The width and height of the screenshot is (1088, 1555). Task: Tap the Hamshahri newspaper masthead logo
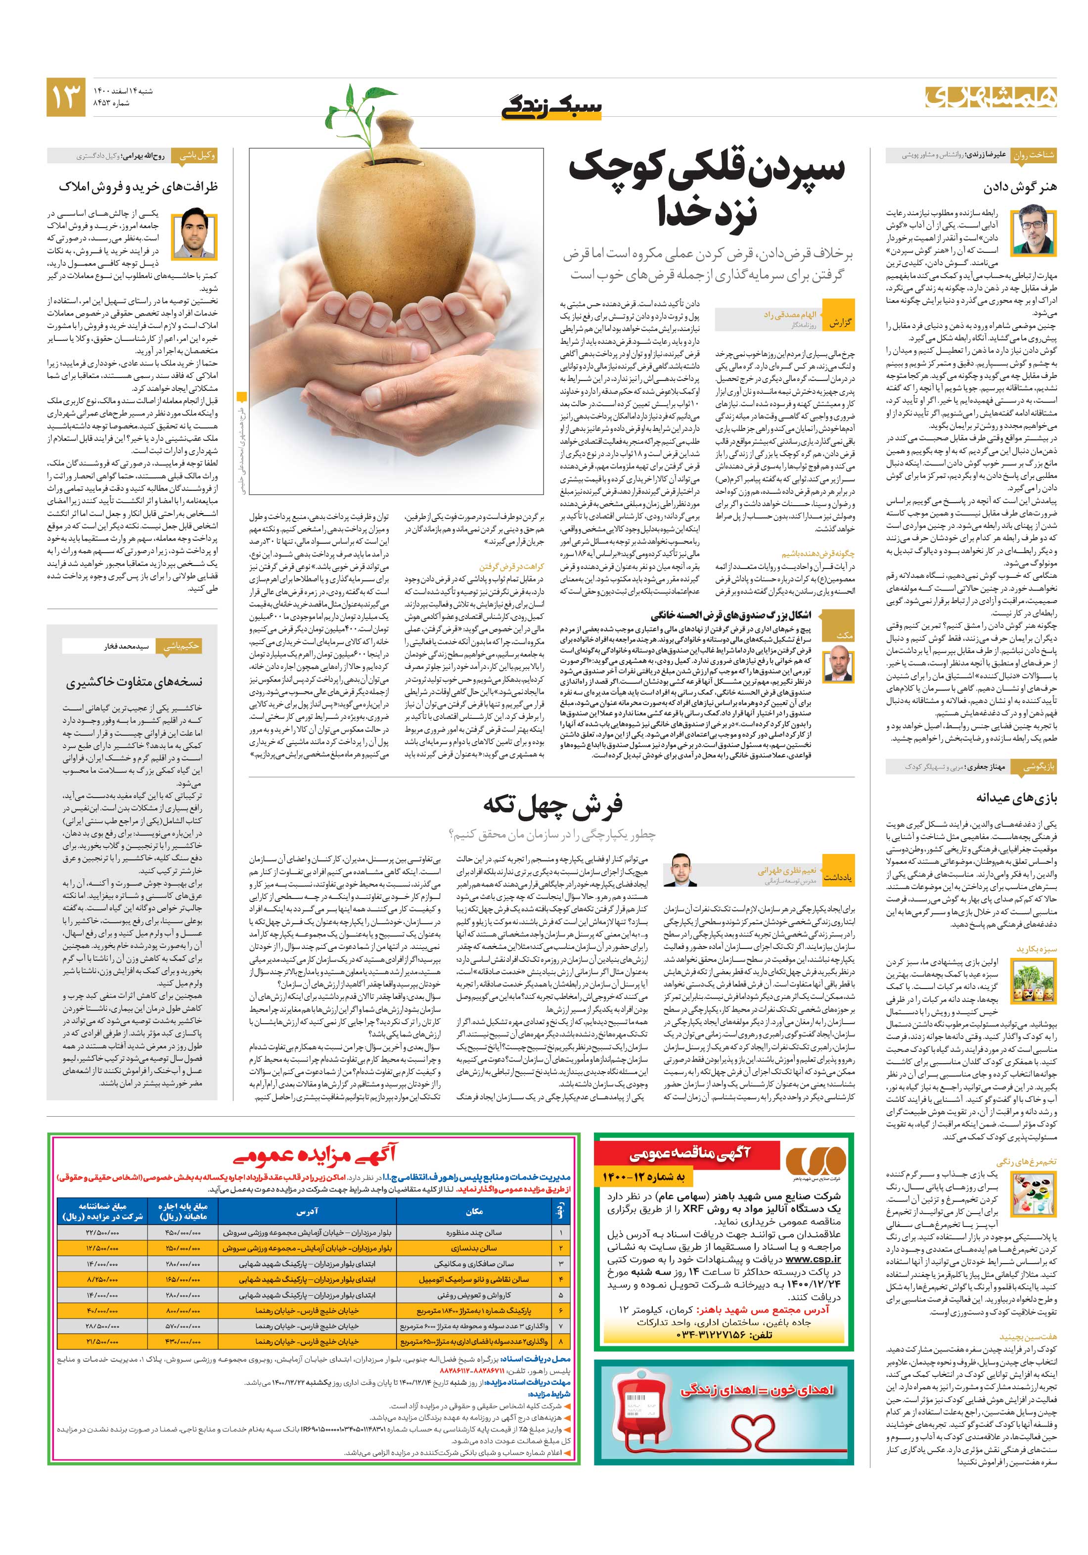991,97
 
